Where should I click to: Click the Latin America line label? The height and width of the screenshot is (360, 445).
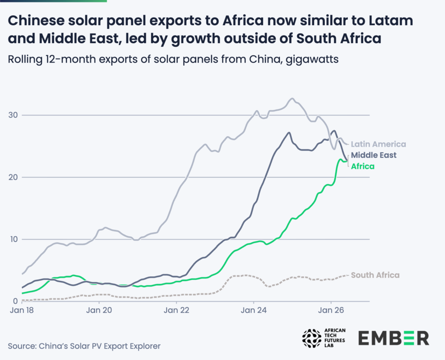tap(378, 144)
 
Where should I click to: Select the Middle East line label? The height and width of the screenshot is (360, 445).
tap(373, 155)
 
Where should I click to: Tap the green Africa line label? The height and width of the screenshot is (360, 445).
tap(363, 166)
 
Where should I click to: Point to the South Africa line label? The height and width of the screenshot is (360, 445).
tap(375, 275)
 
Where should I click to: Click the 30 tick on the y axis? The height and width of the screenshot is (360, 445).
tap(13, 115)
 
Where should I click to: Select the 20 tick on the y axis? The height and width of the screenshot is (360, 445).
tap(13, 177)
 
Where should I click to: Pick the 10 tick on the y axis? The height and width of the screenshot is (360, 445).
tap(13, 239)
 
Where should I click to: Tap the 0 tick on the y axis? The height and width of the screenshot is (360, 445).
tap(15, 301)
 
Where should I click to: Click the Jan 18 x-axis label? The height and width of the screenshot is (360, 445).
tap(22, 310)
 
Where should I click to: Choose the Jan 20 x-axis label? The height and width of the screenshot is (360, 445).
tap(99, 310)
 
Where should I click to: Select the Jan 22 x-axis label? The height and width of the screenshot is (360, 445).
tap(176, 310)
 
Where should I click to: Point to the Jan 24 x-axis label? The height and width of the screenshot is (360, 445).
tap(254, 310)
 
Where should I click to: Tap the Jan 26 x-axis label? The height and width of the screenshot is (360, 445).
tap(331, 310)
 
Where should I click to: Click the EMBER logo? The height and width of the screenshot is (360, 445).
tap(394, 338)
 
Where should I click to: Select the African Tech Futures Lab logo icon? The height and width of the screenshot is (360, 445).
tap(312, 338)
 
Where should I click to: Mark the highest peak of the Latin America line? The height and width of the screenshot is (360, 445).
tap(292, 99)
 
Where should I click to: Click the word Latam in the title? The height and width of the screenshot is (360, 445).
tap(394, 20)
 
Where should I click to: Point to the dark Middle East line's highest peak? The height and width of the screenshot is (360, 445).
tap(334, 130)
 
